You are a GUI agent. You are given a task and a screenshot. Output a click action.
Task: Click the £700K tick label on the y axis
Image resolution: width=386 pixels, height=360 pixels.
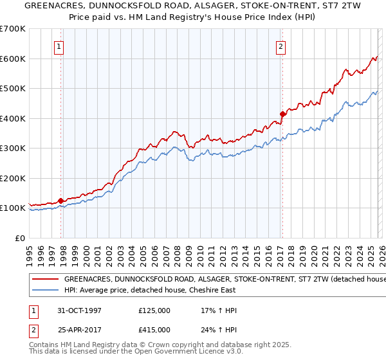[13, 29]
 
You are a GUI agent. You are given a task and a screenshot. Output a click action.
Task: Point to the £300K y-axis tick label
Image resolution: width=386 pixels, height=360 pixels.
[13, 148]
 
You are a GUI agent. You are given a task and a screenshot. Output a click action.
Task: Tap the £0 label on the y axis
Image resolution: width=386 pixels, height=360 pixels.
[21, 238]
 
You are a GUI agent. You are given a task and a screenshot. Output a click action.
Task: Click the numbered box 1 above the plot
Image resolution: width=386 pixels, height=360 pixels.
[59, 46]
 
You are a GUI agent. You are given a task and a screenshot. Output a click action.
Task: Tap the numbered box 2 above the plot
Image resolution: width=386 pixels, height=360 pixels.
[281, 46]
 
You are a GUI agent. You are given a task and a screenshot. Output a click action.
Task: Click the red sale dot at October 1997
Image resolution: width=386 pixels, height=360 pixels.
[61, 201]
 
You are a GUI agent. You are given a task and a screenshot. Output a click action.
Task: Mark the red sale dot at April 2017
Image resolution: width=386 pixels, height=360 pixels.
[282, 114]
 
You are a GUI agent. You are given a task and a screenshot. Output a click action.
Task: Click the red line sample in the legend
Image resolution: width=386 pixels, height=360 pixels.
[46, 280]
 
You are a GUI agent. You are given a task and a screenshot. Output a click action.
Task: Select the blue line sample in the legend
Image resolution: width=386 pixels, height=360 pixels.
[46, 291]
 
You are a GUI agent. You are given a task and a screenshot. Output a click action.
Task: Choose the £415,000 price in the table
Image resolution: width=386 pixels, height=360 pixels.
[154, 329]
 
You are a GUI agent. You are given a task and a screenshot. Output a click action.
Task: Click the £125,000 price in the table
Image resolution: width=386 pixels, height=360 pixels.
[154, 310]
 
